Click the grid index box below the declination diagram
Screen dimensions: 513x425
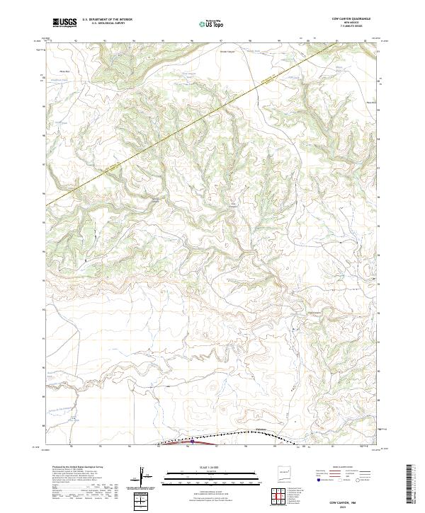(x=142, y=501)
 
